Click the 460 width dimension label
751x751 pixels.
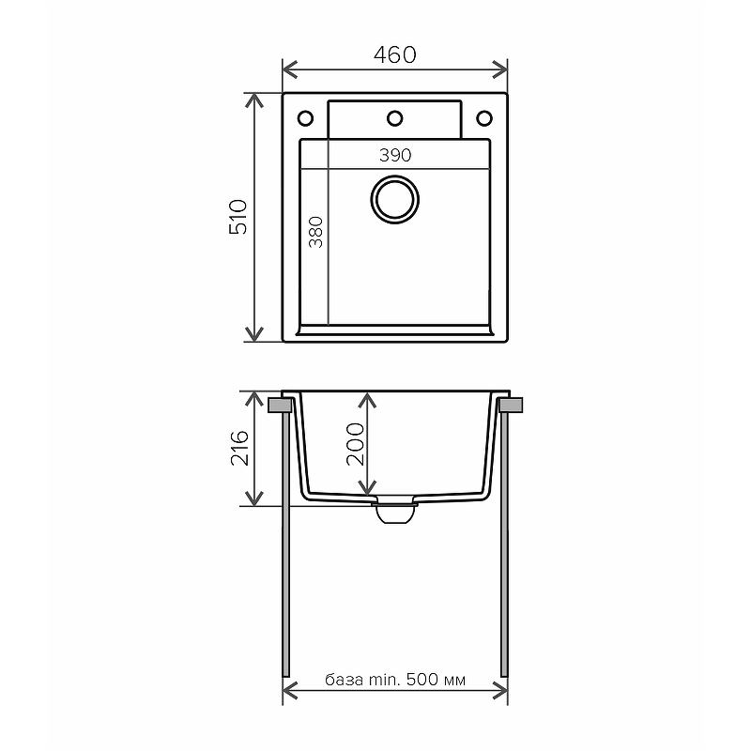tap(394, 54)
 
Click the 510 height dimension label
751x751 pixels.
tap(238, 217)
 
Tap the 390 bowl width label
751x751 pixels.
tap(395, 155)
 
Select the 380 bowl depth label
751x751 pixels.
tap(315, 232)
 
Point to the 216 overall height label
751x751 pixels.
tap(239, 449)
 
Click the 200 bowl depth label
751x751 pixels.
tap(356, 444)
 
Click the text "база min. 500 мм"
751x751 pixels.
tap(395, 679)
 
